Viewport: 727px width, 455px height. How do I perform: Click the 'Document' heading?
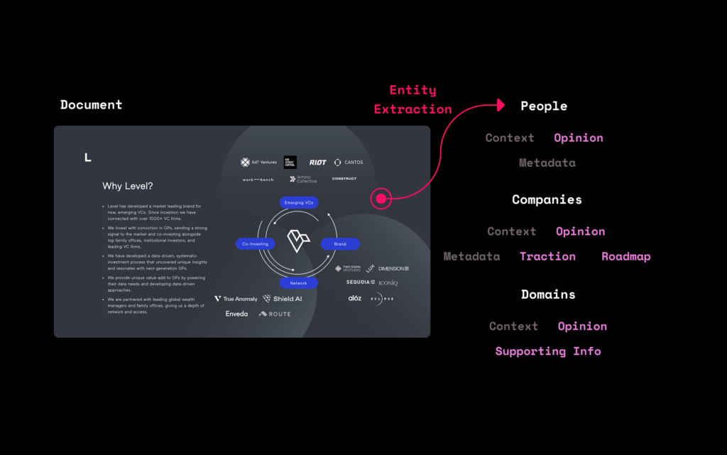pos(91,105)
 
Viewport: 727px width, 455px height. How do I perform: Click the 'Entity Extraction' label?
pos(412,100)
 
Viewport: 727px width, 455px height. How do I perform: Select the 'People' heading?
pos(544,106)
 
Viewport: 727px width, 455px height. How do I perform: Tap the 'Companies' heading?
pos(547,200)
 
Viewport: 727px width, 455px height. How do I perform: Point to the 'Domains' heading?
pos(548,295)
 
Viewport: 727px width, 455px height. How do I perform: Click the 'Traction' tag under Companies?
pos(547,256)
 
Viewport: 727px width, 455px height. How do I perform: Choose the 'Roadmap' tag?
pos(625,256)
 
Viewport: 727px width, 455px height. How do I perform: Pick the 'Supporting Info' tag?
pos(548,351)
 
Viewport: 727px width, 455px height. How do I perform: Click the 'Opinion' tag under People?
pos(579,138)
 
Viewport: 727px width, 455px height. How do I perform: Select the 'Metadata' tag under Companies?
pos(471,256)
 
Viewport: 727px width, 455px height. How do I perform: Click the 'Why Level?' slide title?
pos(128,186)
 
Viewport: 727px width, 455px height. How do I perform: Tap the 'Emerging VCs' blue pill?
pos(298,203)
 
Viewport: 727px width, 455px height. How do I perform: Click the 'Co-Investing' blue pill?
pos(255,244)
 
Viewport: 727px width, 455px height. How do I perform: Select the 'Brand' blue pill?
pos(340,244)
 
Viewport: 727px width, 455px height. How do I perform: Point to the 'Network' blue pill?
pos(298,283)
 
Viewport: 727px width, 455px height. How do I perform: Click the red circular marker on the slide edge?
pos(381,199)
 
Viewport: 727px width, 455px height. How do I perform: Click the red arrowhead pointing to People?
pos(501,106)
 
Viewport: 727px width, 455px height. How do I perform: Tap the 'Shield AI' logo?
pos(283,299)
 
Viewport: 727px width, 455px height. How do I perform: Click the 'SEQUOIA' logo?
pos(360,283)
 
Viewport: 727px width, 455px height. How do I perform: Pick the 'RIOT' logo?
pos(317,163)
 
